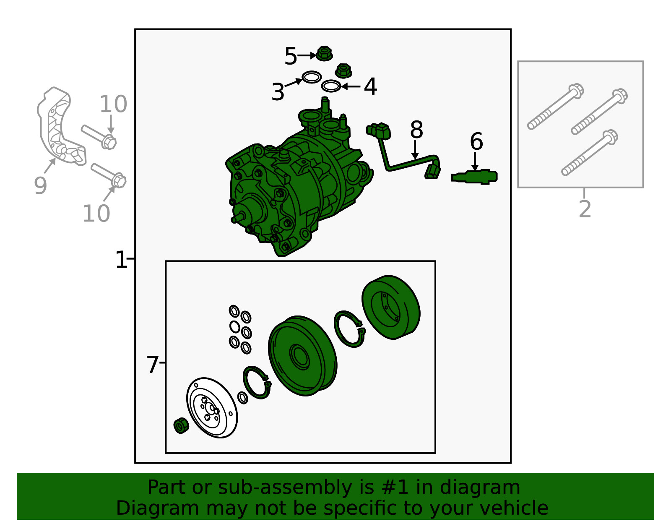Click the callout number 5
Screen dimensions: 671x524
291,56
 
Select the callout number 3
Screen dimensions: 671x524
278,92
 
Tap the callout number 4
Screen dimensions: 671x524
371,86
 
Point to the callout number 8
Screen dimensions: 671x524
416,130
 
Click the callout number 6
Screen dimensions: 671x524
476,141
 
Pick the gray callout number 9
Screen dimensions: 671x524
40,185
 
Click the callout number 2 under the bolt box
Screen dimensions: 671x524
585,209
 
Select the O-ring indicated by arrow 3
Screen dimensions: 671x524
312,77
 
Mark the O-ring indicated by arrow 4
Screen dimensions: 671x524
331,86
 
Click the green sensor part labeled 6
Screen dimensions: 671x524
474,177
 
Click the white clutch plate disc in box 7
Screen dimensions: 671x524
212,408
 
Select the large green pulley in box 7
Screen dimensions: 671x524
303,356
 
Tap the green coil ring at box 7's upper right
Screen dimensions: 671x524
391,307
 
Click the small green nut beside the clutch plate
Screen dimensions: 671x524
181,425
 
